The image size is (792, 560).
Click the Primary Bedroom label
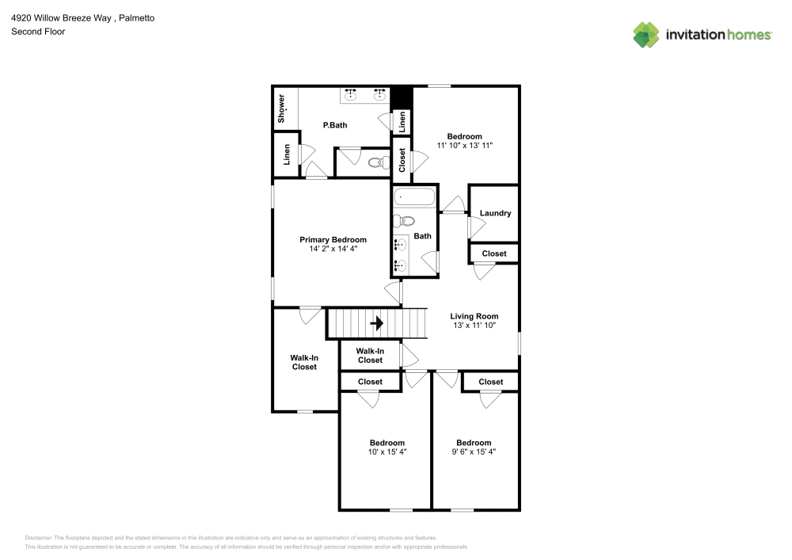pos(333,239)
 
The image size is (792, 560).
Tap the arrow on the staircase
pos(378,322)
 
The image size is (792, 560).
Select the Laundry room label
pos(495,213)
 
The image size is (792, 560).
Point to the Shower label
pos(281,109)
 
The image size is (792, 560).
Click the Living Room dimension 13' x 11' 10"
pos(474,325)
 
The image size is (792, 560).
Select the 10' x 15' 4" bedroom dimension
pos(386,451)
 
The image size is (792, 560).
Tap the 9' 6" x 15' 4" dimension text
pos(473,451)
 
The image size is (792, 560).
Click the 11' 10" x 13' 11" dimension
pos(464,145)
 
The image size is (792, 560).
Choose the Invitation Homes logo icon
pos(645,34)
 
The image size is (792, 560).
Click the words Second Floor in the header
pos(37,32)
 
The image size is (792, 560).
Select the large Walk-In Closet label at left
pos(304,362)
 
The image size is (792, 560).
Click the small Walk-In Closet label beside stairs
pos(370,356)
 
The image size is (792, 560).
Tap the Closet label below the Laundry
pos(494,253)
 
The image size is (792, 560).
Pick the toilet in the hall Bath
pos(405,221)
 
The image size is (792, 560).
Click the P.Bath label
pos(334,125)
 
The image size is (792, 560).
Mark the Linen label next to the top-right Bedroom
pos(402,121)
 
